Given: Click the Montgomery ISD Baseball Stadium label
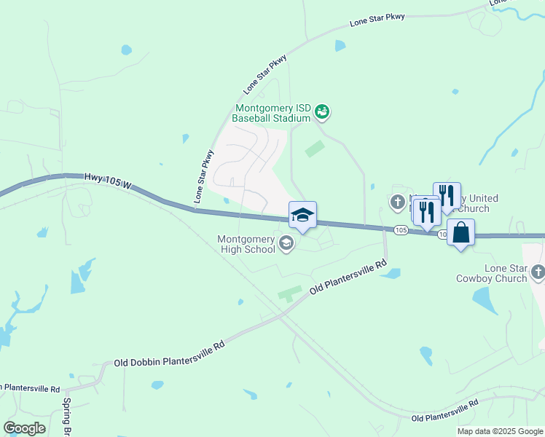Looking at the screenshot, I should (x=271, y=112).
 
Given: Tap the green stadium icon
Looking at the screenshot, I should (x=322, y=112).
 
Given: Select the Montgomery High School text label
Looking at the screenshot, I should (x=246, y=244).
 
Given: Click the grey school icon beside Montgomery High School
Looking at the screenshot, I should (x=286, y=244).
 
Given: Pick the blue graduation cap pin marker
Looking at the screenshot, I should (x=303, y=215).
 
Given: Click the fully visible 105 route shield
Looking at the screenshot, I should (x=401, y=230).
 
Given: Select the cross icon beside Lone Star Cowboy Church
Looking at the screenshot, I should (x=538, y=273).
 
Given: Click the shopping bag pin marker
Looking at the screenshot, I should (x=460, y=233).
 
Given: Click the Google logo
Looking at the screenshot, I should (x=25, y=428).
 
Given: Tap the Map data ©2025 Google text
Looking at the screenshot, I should (x=500, y=431).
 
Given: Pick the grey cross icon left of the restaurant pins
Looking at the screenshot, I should (x=397, y=202).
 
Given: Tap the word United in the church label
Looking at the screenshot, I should (x=483, y=198).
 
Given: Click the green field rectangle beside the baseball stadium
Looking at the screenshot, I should (x=315, y=149).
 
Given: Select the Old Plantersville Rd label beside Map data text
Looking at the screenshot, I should (x=444, y=410).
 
